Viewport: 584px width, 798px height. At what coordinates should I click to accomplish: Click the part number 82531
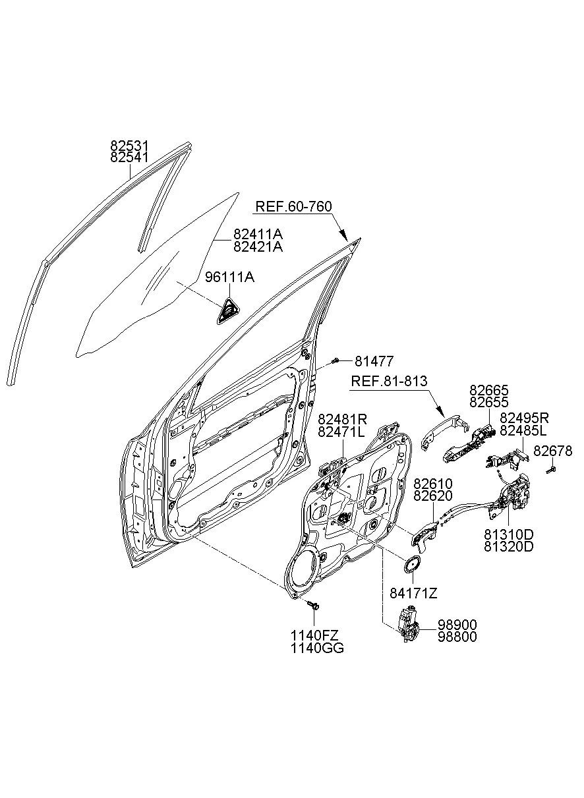coord(129,146)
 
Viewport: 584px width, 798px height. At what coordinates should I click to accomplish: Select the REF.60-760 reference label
coord(293,207)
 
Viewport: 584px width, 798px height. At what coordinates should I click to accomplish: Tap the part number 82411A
coord(258,235)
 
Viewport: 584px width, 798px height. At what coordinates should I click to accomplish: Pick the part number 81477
coord(374,361)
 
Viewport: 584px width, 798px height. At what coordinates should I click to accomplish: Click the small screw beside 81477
coord(336,360)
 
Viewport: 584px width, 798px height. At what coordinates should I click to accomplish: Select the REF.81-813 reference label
coord(388,382)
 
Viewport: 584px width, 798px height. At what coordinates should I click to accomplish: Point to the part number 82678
coord(552,451)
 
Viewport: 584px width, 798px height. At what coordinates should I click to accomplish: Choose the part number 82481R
coord(342,419)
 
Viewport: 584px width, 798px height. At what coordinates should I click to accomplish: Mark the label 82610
coord(432,484)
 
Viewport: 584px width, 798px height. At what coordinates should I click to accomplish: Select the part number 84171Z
coord(413,593)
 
